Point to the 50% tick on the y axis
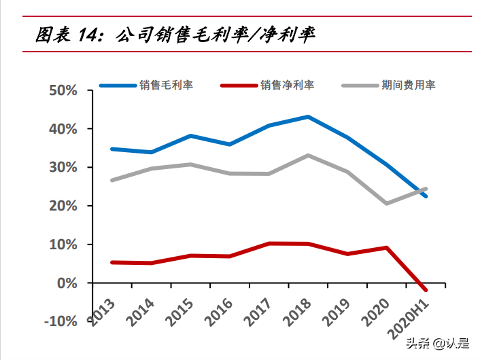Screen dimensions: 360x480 tap(63, 90)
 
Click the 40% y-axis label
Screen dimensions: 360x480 tap(63, 129)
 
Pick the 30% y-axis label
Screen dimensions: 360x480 tap(63, 167)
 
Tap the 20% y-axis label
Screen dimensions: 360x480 tap(63, 206)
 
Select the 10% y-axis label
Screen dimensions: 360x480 tap(63, 245)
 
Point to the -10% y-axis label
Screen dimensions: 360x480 tap(61, 321)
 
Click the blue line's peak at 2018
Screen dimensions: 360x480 tap(308, 117)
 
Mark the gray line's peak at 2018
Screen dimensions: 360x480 tap(308, 156)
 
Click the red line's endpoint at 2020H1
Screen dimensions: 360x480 tap(426, 290)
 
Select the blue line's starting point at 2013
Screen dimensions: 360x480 tap(112, 149)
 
